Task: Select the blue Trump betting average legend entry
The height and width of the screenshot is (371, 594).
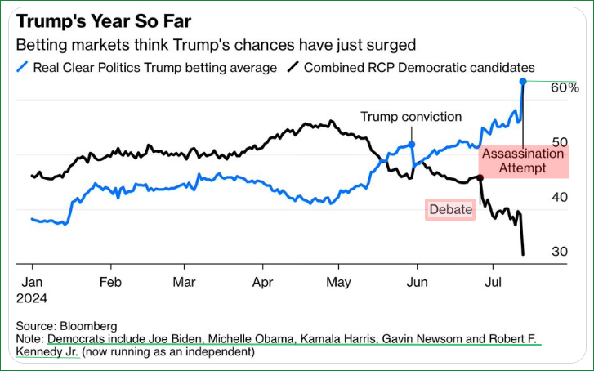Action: (x=146, y=67)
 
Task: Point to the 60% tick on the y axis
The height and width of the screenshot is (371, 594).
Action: (x=565, y=87)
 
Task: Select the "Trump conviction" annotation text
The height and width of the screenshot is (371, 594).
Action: (x=411, y=117)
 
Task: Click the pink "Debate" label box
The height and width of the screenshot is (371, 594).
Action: (x=450, y=210)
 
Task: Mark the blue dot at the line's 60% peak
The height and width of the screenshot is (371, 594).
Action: (x=522, y=81)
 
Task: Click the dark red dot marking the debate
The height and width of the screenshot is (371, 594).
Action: (x=480, y=177)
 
